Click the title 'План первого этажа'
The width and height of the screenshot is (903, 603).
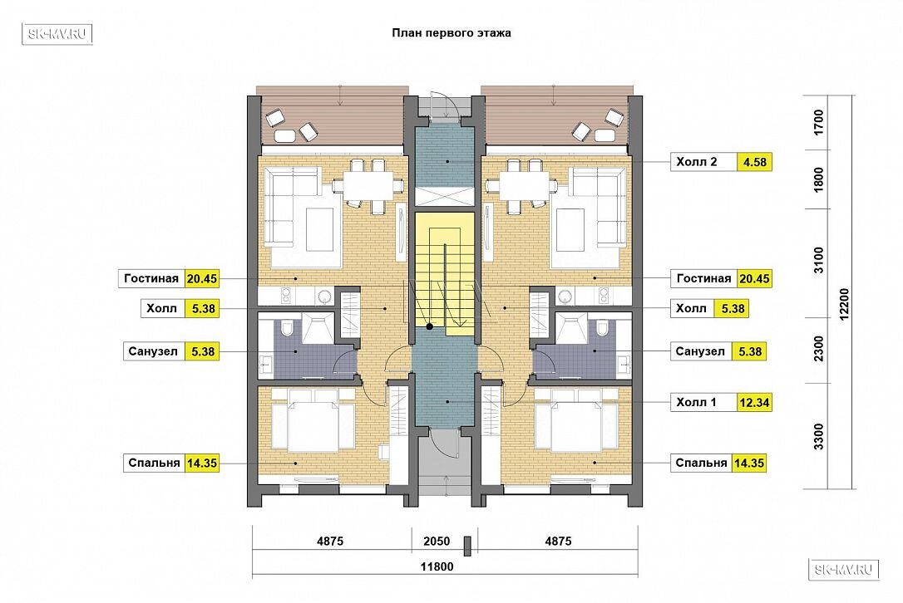(x=451, y=32)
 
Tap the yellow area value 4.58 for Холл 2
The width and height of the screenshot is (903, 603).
(x=754, y=162)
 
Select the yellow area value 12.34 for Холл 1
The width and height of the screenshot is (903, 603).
(x=754, y=402)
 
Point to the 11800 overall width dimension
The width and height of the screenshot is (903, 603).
(x=437, y=566)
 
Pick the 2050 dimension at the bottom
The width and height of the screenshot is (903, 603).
(x=437, y=541)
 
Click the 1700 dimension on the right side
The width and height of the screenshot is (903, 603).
(x=818, y=123)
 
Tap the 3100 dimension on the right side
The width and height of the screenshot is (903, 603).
(x=818, y=260)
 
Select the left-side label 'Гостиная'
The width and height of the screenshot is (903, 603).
(x=151, y=278)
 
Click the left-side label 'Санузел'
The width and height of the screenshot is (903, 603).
(x=153, y=351)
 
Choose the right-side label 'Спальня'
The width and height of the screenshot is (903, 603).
(x=701, y=463)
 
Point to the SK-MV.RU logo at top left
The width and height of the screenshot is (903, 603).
(x=57, y=34)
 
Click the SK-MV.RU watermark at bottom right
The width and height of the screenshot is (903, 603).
(x=844, y=570)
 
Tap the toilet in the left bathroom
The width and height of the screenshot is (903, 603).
(x=288, y=329)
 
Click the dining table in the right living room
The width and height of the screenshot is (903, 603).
(x=521, y=185)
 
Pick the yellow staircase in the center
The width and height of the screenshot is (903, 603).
(x=445, y=274)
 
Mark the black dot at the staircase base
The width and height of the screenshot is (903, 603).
(x=430, y=326)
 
